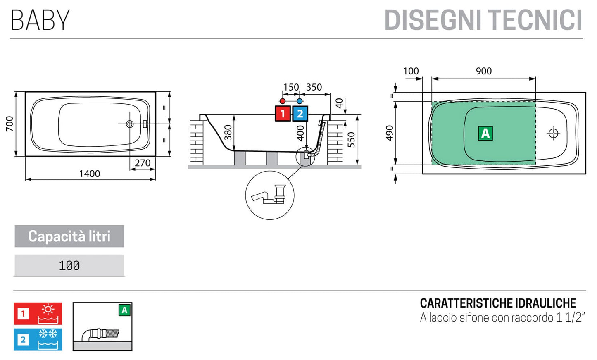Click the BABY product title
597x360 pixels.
pyautogui.click(x=40, y=20)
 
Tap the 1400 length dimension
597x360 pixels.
pyautogui.click(x=90, y=174)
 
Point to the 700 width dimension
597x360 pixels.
pyautogui.click(x=9, y=124)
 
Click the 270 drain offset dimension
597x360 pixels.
pyautogui.click(x=143, y=163)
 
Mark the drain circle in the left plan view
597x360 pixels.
pyautogui.click(x=130, y=124)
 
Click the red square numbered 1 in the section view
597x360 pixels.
pyautogui.click(x=283, y=114)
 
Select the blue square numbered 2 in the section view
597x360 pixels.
pyautogui.click(x=300, y=114)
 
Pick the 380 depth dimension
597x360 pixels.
pyautogui.click(x=228, y=132)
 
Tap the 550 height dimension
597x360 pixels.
pyautogui.click(x=351, y=140)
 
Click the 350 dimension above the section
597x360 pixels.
pyautogui.click(x=314, y=87)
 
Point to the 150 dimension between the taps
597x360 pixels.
pyautogui.click(x=291, y=87)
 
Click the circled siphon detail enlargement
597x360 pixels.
pyautogui.click(x=270, y=195)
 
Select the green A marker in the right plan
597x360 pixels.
pyautogui.click(x=485, y=134)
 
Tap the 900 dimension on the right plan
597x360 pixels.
pyautogui.click(x=484, y=71)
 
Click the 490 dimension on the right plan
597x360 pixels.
pyautogui.click(x=389, y=133)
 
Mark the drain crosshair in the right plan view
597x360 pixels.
pyautogui.click(x=553, y=134)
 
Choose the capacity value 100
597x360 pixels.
pyautogui.click(x=69, y=266)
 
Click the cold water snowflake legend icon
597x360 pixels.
pyautogui.click(x=48, y=339)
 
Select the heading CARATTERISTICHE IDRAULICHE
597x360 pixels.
pyautogui.click(x=498, y=303)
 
